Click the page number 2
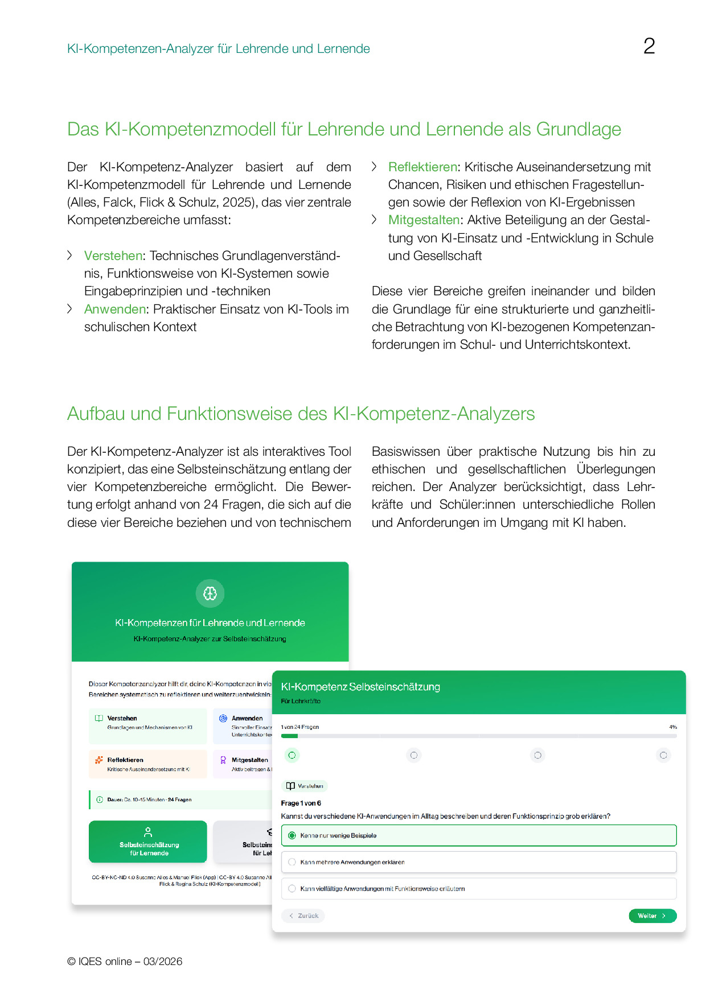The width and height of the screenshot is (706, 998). pos(649,46)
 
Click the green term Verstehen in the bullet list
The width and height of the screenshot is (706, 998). pos(113,255)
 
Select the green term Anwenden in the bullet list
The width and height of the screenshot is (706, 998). pos(115,309)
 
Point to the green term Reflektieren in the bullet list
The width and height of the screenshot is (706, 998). pos(422,167)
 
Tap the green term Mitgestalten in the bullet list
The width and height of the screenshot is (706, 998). pos(424,220)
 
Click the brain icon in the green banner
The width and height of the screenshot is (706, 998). pos(210,593)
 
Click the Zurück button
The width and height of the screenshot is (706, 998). pos(303,915)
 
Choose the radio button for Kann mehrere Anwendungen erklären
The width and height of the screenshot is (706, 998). pos(292,862)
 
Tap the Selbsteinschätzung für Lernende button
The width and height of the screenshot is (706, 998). pos(148,842)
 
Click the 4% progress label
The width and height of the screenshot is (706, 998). pos(673,727)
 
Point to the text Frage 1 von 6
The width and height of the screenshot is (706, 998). pos(301,803)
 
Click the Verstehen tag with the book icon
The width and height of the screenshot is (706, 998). pos(305,786)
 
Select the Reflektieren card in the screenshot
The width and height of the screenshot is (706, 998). pos(148,764)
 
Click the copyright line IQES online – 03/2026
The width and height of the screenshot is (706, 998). pos(125,961)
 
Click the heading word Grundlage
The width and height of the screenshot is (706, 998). pos(578,129)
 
